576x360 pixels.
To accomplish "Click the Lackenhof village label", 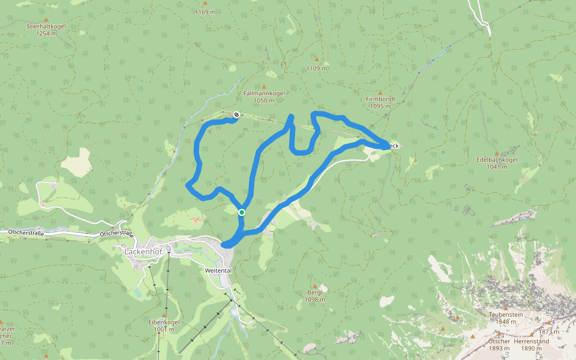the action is (x=140, y=251).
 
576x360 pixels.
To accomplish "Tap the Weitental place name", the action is (x=218, y=271).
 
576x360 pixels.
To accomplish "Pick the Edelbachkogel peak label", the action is (x=496, y=160).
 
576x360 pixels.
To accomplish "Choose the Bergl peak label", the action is (x=314, y=292).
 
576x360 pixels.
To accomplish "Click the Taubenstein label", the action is (x=503, y=314).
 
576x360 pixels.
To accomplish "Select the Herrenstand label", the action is (x=532, y=341).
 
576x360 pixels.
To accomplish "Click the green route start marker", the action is (x=241, y=212).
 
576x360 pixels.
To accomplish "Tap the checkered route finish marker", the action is (x=237, y=115).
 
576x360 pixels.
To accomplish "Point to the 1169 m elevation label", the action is (x=205, y=12).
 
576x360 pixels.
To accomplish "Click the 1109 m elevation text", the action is (x=317, y=68).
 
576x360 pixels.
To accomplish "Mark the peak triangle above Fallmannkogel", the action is (x=263, y=86).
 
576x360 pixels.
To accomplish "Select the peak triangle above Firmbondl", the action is (x=380, y=91).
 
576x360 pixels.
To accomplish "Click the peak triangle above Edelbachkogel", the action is (x=496, y=153).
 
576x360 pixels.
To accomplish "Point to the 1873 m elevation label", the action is (x=549, y=332).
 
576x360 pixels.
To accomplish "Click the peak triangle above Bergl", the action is (x=314, y=286).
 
